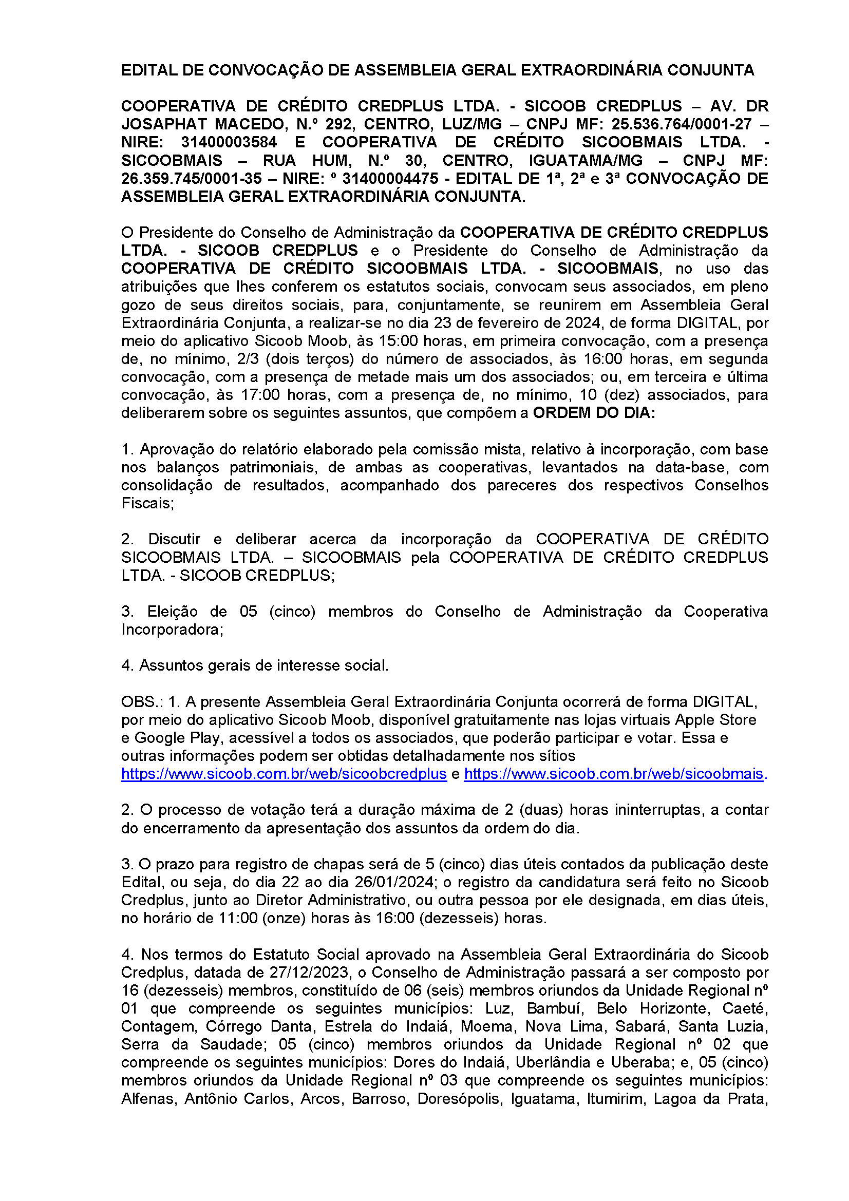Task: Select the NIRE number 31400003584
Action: (229, 142)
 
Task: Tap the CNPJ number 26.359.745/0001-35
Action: (191, 178)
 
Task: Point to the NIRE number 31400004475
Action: (390, 178)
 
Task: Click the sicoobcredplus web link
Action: (284, 774)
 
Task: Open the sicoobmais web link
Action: (614, 774)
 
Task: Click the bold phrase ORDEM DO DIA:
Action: (594, 413)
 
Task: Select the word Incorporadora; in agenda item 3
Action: (172, 630)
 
